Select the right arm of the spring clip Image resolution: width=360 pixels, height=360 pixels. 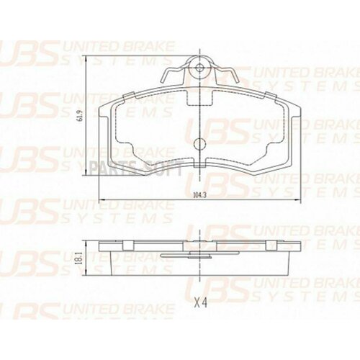[x=229, y=74]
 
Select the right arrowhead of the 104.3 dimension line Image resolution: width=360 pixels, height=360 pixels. [x=297, y=199]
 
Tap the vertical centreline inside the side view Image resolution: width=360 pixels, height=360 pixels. [x=199, y=263]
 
